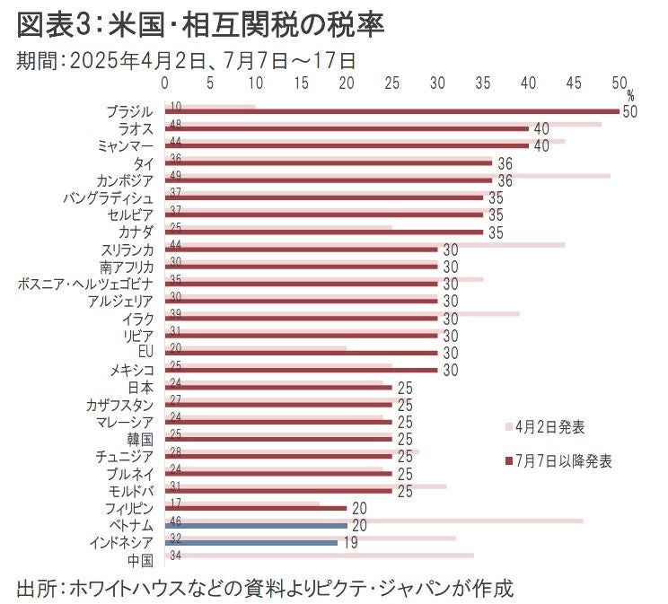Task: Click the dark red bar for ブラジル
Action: (x=391, y=111)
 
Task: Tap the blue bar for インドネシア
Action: (x=251, y=542)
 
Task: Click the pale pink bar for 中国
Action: (x=320, y=556)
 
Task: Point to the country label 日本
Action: (x=142, y=387)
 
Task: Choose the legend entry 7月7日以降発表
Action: (x=565, y=461)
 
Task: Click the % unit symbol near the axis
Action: (x=630, y=94)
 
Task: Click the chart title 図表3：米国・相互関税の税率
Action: (x=201, y=25)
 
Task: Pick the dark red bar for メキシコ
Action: (x=301, y=370)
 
